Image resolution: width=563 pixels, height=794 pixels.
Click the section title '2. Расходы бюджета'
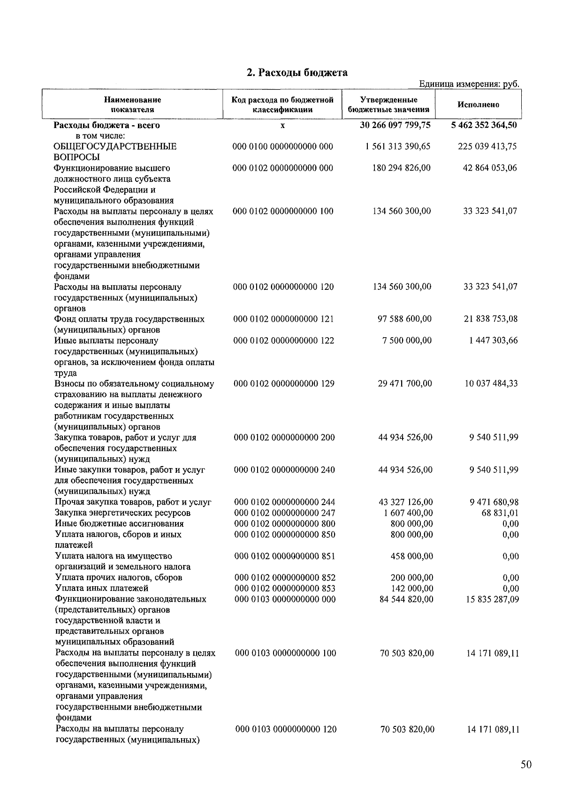point(297,73)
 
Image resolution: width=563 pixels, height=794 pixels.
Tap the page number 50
point(526,764)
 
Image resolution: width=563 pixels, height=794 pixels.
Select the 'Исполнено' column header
point(478,105)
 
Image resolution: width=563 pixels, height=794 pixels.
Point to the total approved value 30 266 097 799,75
point(396,125)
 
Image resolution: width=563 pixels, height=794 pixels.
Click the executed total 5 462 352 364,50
point(484,125)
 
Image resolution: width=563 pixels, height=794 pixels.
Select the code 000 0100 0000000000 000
point(283,146)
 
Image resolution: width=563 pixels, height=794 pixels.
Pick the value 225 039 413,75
point(487,146)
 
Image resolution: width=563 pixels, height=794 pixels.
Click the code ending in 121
point(284,319)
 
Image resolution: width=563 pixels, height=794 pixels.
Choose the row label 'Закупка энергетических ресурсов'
point(123,513)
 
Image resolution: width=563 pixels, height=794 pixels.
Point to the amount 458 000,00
point(411,556)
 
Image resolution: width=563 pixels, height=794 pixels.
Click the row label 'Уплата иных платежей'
point(102,588)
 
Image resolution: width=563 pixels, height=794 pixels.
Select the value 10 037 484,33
point(491,384)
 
